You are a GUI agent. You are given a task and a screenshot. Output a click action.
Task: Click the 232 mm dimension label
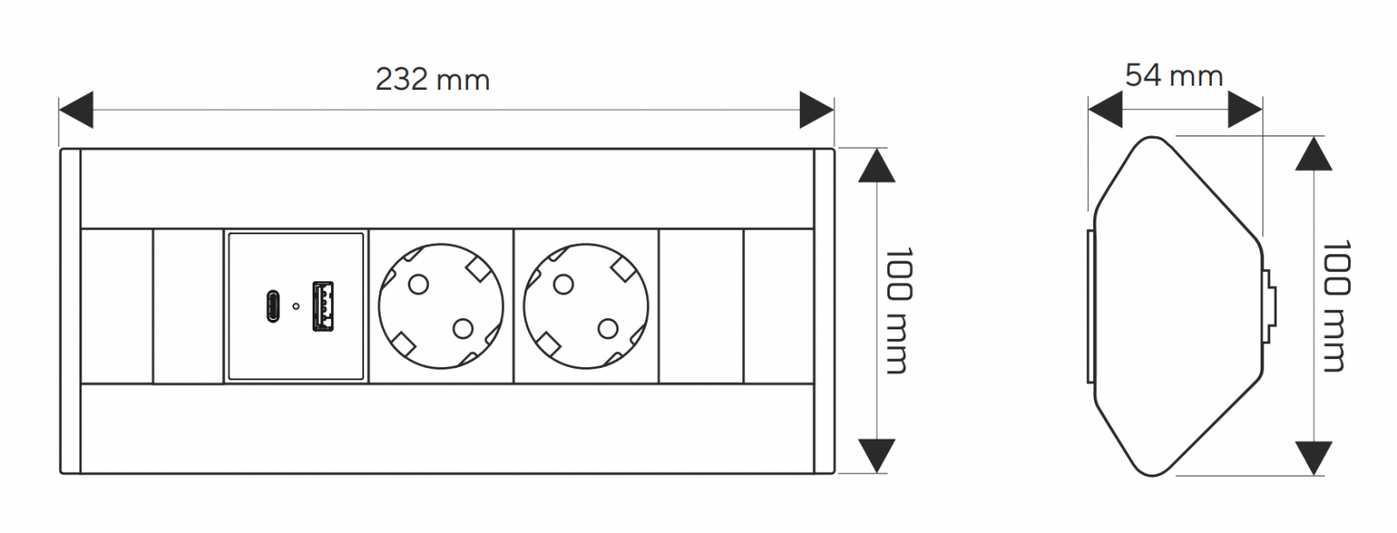[433, 80]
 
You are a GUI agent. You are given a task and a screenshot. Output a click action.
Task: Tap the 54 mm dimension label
[1173, 75]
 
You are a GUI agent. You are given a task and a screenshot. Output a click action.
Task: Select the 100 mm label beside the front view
[898, 311]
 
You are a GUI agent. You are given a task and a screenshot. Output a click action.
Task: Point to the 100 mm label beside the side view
[1336, 306]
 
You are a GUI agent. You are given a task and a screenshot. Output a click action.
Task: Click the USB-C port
[272, 306]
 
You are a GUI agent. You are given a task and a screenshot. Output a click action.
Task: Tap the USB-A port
[322, 306]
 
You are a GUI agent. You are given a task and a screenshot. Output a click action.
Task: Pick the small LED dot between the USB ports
[296, 306]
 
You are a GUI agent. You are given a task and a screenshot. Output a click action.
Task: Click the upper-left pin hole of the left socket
[418, 285]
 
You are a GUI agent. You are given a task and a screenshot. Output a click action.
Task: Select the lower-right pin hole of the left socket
[463, 329]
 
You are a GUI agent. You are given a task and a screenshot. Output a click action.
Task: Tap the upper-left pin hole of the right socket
[563, 285]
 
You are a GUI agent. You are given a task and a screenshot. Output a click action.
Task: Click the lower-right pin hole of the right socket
[608, 329]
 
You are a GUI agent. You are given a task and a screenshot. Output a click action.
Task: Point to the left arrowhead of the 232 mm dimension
[76, 110]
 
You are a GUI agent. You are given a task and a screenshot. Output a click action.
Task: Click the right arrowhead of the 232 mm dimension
[817, 110]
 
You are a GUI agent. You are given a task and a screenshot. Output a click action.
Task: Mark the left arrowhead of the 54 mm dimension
[1105, 110]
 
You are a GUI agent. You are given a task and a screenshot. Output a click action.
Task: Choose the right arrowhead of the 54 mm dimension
[1245, 110]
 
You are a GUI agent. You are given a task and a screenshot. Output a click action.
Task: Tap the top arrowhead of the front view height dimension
[877, 165]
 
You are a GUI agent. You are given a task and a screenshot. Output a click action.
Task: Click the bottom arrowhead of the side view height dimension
[1314, 458]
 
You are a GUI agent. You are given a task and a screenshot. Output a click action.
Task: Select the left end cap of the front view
[71, 311]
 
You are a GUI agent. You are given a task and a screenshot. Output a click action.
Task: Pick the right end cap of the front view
[824, 311]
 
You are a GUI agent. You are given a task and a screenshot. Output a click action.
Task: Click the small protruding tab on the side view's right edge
[1270, 306]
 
